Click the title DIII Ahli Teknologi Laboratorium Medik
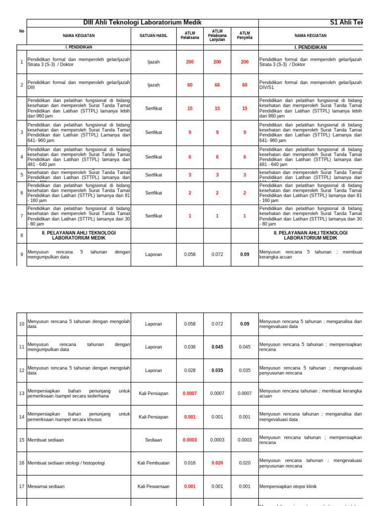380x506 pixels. [142, 23]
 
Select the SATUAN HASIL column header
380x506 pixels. [153, 36]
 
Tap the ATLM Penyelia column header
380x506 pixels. [244, 36]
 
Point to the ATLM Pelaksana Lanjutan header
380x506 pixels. [217, 36]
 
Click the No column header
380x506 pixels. [21, 31]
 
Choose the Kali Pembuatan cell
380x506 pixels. [153, 463]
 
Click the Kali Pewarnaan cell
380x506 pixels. [153, 486]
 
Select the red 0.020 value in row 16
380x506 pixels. [217, 463]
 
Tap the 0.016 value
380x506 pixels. [190, 463]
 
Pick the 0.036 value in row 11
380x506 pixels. [190, 347]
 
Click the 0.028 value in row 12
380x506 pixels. [190, 370]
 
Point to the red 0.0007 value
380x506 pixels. [190, 393]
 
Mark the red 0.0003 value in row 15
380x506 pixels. [190, 440]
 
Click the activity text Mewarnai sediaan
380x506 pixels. [46, 486]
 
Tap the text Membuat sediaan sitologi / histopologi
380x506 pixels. [66, 463]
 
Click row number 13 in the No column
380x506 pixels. [21, 393]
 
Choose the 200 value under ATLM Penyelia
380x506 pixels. [244, 62]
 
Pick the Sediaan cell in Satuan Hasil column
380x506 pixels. [153, 440]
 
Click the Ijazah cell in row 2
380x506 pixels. [153, 85]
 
